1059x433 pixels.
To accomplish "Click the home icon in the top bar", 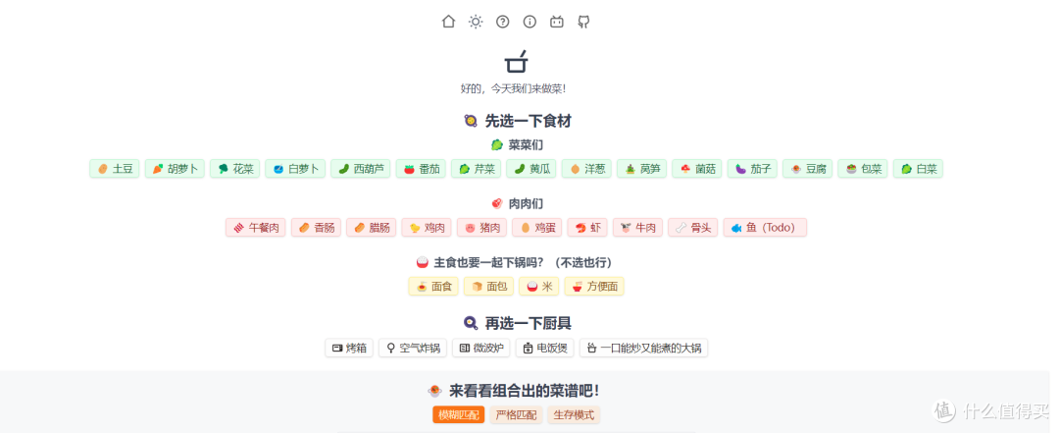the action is tap(448, 22).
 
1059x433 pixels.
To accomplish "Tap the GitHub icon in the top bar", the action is tap(583, 22).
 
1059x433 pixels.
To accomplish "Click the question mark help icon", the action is tap(502, 22).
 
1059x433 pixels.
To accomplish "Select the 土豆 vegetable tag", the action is tap(115, 169).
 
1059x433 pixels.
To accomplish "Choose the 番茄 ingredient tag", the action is tap(423, 169).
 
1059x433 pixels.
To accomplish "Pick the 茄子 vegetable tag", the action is tap(752, 169).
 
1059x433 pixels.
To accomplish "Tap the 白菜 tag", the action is tap(919, 169).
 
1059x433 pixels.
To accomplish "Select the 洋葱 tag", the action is tap(586, 169).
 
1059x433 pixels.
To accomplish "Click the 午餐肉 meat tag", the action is tap(256, 228).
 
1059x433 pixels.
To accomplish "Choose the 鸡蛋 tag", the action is tap(537, 228).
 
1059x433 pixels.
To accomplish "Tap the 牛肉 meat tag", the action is tap(638, 228).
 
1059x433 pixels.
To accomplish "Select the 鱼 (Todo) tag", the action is tap(765, 228).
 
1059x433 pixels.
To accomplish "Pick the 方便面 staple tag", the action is tap(594, 286).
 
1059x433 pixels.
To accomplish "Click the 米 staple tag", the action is tap(539, 286).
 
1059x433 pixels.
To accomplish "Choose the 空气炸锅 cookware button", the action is tap(413, 349).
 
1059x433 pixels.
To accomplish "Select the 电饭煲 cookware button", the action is tap(545, 349).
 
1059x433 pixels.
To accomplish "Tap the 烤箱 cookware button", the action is tap(349, 349).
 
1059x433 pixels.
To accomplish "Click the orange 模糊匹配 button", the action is tap(459, 415).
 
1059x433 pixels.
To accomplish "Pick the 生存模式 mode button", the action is tap(574, 415).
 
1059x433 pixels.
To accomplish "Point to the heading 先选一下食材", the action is tap(529, 121).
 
